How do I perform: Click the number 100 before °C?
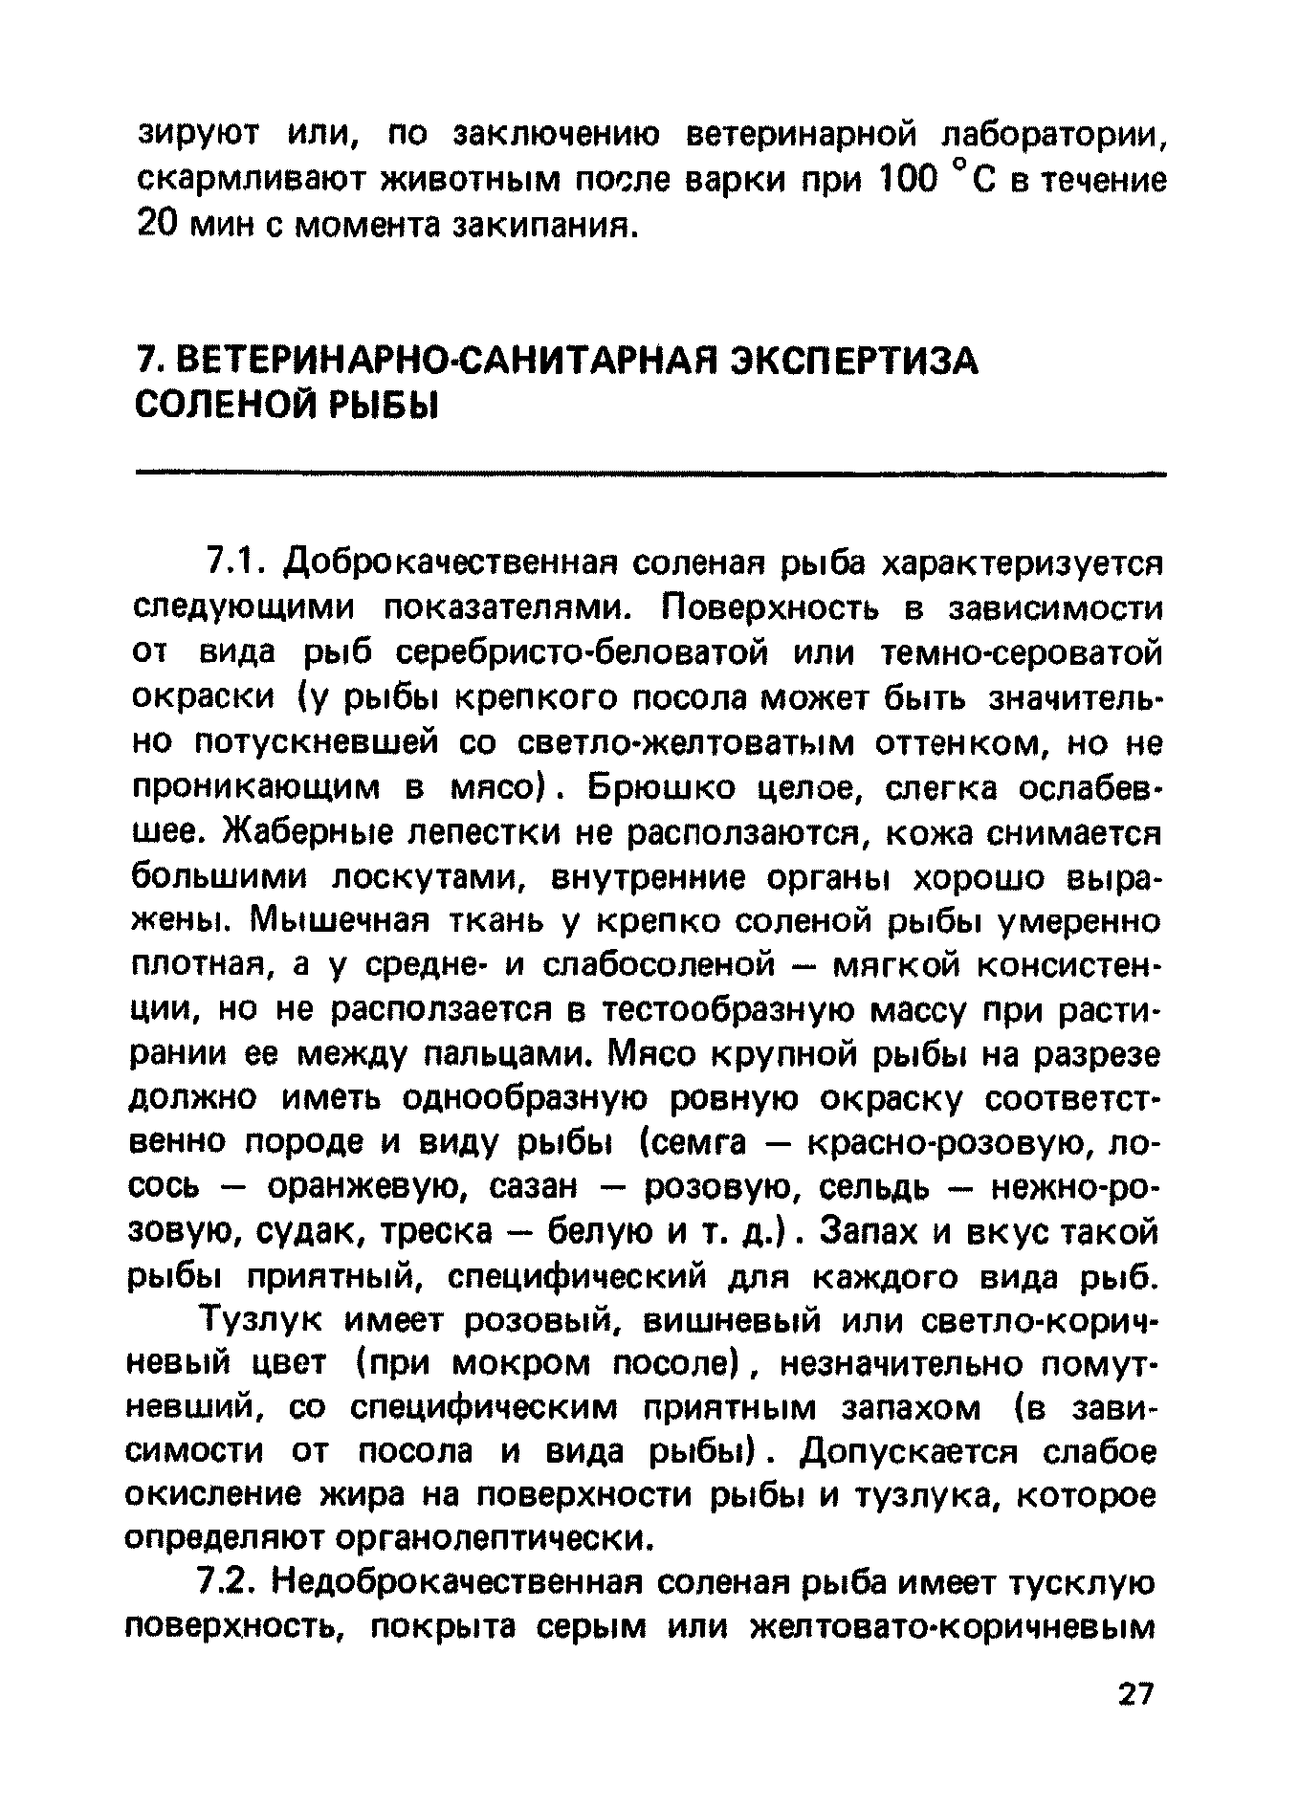(909, 180)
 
